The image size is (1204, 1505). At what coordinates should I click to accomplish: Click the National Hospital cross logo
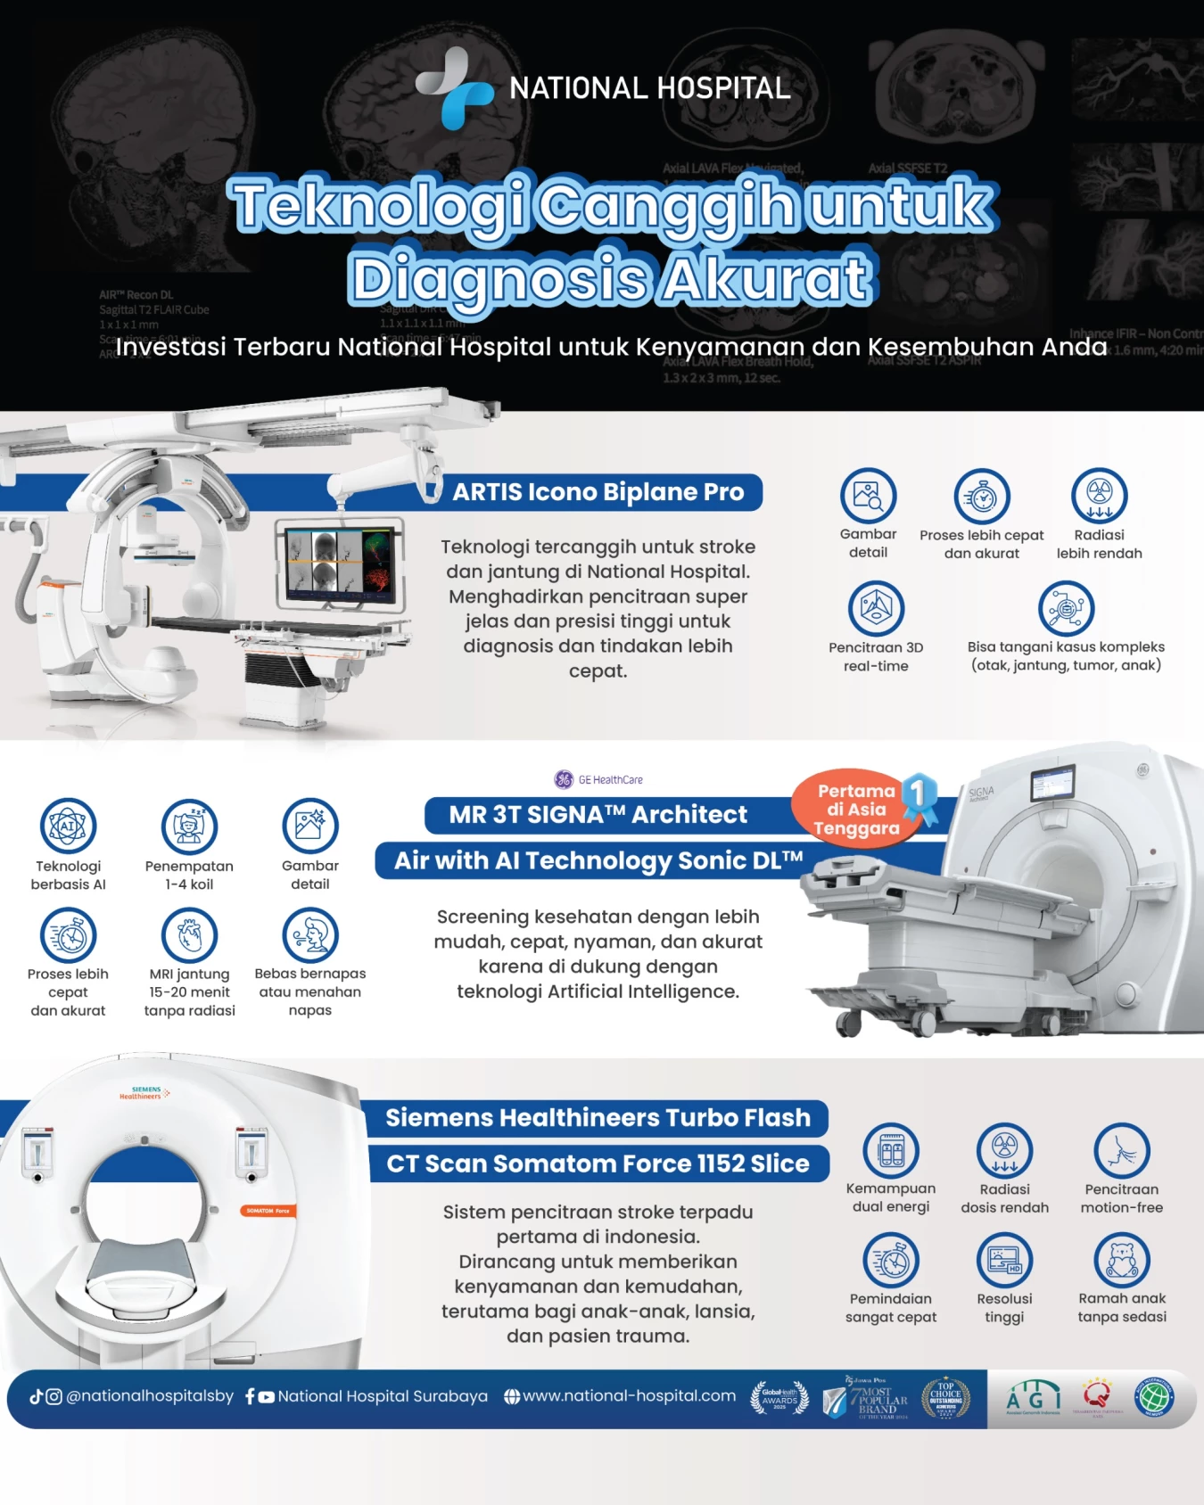coord(455,88)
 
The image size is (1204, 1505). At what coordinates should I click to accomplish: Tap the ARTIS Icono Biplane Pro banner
coord(598,492)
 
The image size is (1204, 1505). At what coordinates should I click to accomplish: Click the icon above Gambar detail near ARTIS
coord(868,496)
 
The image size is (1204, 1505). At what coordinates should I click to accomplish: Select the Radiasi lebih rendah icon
coord(1099,496)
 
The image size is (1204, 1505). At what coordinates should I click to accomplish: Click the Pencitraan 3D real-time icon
coord(876,608)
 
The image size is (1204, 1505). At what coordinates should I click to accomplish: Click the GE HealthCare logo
coord(598,779)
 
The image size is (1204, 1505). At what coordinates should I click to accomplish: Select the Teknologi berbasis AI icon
coord(68,826)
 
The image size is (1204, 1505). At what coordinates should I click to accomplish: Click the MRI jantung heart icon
coord(189,934)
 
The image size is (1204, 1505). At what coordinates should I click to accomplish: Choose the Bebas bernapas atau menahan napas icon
coord(309,934)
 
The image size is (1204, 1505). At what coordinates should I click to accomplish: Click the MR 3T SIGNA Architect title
coord(598,815)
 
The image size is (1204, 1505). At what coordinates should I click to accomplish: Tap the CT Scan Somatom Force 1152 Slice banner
coord(598,1164)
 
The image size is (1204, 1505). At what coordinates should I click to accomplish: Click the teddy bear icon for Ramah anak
coord(1122,1260)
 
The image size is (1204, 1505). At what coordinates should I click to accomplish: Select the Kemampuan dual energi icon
coord(891,1150)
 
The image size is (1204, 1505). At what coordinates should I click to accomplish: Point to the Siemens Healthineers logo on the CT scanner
coord(144,1092)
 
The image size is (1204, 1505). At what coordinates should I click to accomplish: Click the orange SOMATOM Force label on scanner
coord(268,1211)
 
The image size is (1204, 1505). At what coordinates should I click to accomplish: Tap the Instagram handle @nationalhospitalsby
coord(149,1396)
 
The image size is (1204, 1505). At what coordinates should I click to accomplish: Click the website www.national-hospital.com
coord(629,1396)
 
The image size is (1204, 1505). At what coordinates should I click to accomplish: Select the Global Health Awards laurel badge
coord(779,1398)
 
